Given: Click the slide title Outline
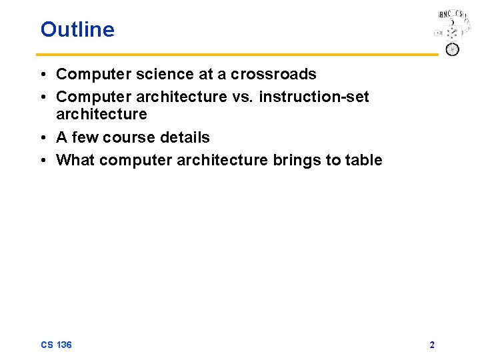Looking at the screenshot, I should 77,29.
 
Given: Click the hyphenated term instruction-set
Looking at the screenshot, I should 314,97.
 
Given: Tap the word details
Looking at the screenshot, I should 185,138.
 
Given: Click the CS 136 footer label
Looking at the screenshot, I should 56,345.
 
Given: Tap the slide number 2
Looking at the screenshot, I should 432,345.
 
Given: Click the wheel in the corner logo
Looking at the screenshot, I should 452,49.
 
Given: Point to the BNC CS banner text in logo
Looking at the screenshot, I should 451,14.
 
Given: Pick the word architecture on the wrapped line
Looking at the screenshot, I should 101,115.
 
